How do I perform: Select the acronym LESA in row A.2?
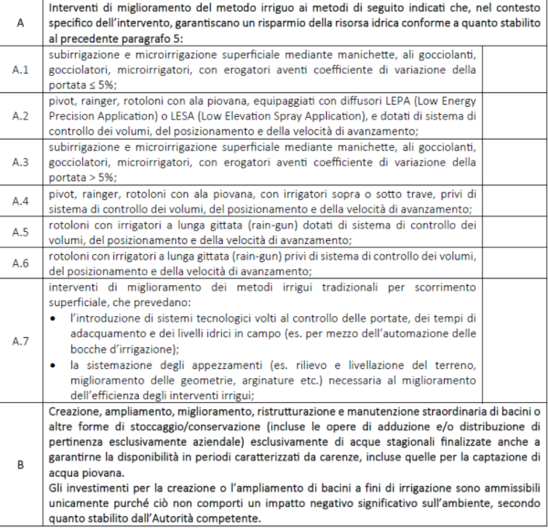pos(100,116)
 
